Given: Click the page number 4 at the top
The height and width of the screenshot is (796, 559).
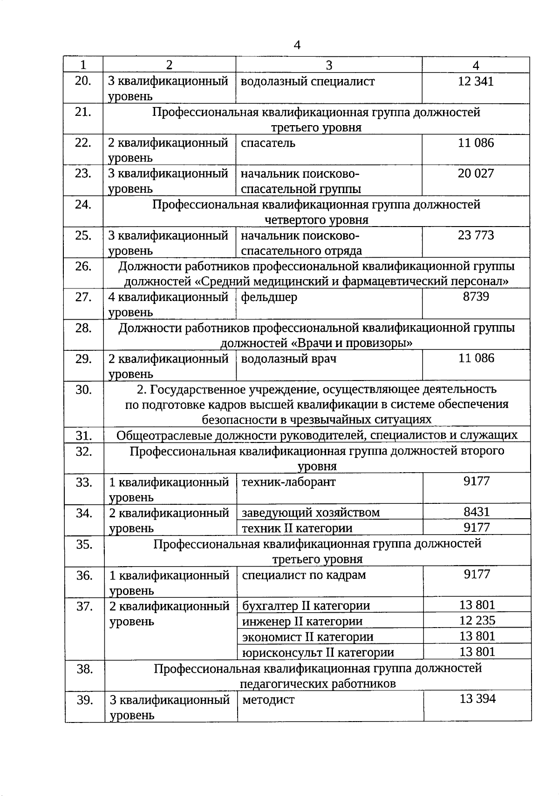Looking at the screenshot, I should [x=297, y=45].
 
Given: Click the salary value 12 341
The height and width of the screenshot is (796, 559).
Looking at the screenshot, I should [x=476, y=81].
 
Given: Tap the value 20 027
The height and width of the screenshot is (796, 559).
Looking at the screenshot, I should [x=476, y=174].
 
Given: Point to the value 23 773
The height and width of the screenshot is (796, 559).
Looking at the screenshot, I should [x=476, y=235].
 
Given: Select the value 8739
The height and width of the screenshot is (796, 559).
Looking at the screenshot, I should [x=476, y=297].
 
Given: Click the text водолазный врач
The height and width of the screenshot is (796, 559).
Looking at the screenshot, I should [x=289, y=359].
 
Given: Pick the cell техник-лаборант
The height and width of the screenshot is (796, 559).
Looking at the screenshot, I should [x=289, y=482].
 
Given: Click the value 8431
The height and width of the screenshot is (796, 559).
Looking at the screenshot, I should [x=477, y=512].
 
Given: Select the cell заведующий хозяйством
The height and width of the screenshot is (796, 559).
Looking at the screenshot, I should [x=311, y=513].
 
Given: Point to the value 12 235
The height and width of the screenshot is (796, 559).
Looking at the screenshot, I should [x=477, y=620].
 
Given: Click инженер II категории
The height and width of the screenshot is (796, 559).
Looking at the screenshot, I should [x=302, y=622].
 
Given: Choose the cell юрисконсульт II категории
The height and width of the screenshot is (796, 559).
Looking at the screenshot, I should [x=318, y=652].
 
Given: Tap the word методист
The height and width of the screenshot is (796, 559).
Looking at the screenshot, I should [x=268, y=700].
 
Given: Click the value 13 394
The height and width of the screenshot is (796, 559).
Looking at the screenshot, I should [x=477, y=699].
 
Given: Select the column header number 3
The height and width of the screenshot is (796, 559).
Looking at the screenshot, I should [x=329, y=65].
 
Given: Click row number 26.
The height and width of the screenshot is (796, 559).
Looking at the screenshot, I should [x=83, y=267].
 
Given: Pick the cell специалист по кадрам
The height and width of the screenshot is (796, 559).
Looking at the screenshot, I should [x=304, y=575].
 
